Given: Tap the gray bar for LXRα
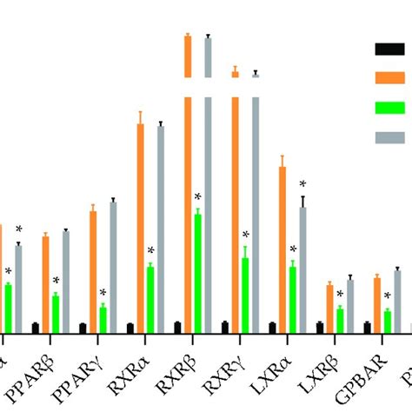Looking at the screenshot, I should (302, 269).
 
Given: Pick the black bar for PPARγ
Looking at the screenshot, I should (83, 328).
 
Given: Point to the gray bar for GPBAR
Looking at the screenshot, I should (397, 301).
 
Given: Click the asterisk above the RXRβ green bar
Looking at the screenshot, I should (197, 197).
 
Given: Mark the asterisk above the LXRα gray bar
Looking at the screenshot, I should (302, 184).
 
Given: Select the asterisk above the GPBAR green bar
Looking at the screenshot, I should (387, 296).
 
